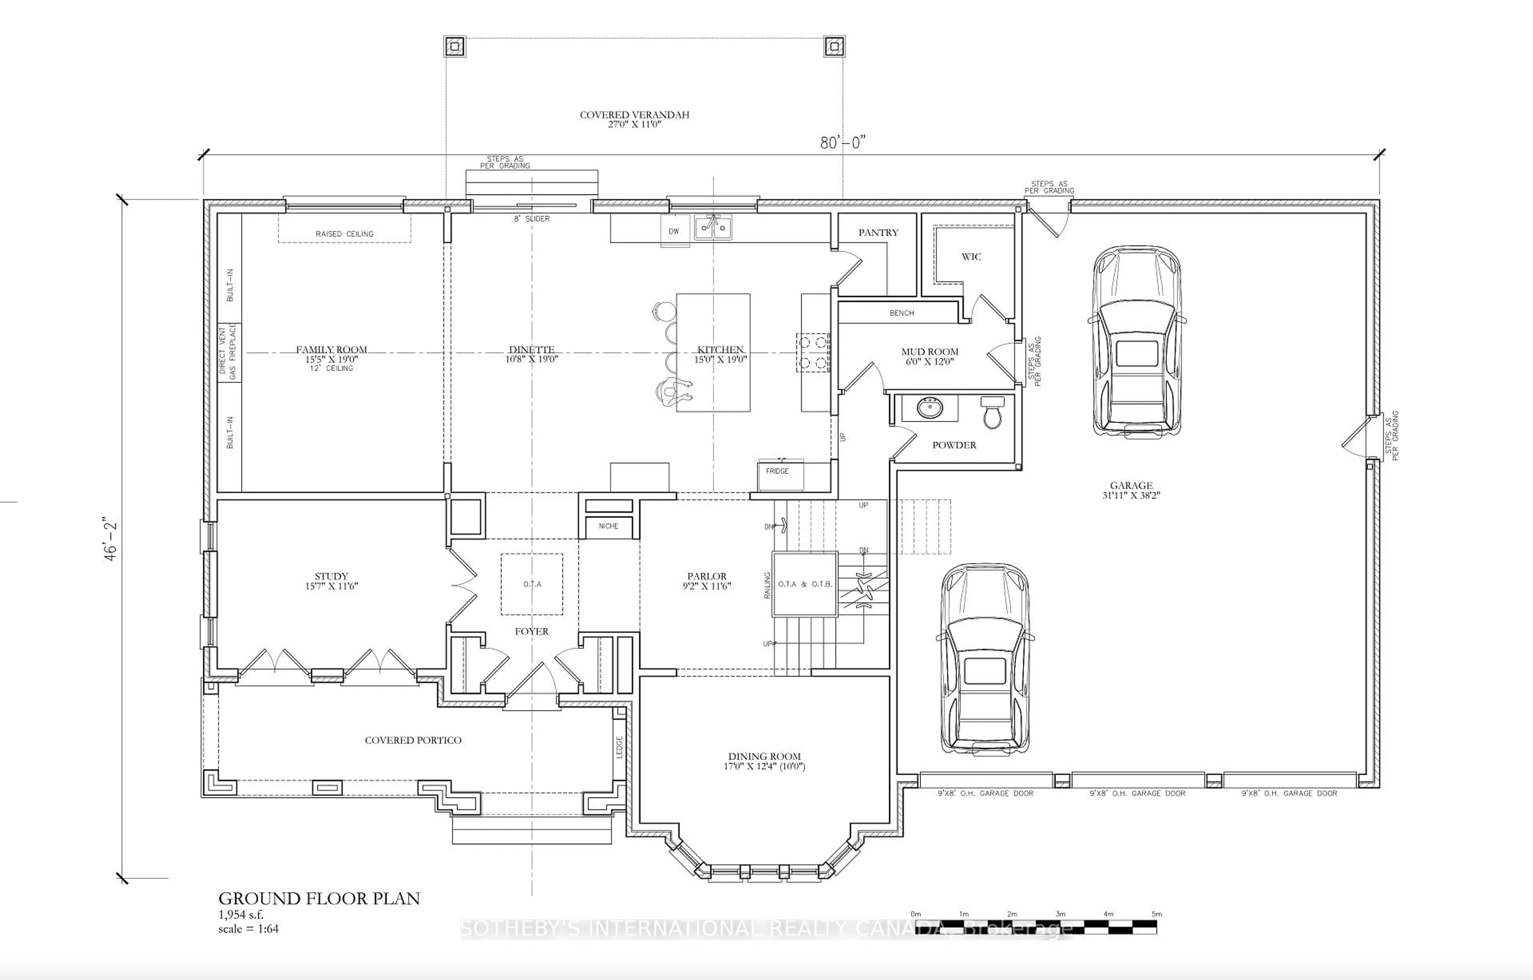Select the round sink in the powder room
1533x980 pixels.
[x=930, y=408]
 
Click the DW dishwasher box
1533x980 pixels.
[x=673, y=231]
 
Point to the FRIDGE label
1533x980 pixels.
[x=777, y=471]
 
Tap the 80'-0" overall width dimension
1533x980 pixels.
[x=842, y=143]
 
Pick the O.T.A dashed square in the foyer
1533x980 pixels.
[x=532, y=584]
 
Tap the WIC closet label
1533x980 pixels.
[x=971, y=257]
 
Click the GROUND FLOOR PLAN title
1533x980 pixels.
[x=319, y=899]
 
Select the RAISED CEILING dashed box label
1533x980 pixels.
[x=345, y=234]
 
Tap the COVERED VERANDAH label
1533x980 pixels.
[x=634, y=115]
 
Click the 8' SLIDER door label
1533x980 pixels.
[x=532, y=218]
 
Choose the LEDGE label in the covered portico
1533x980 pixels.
[x=619, y=747]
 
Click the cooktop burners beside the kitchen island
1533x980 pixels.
[x=812, y=353]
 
